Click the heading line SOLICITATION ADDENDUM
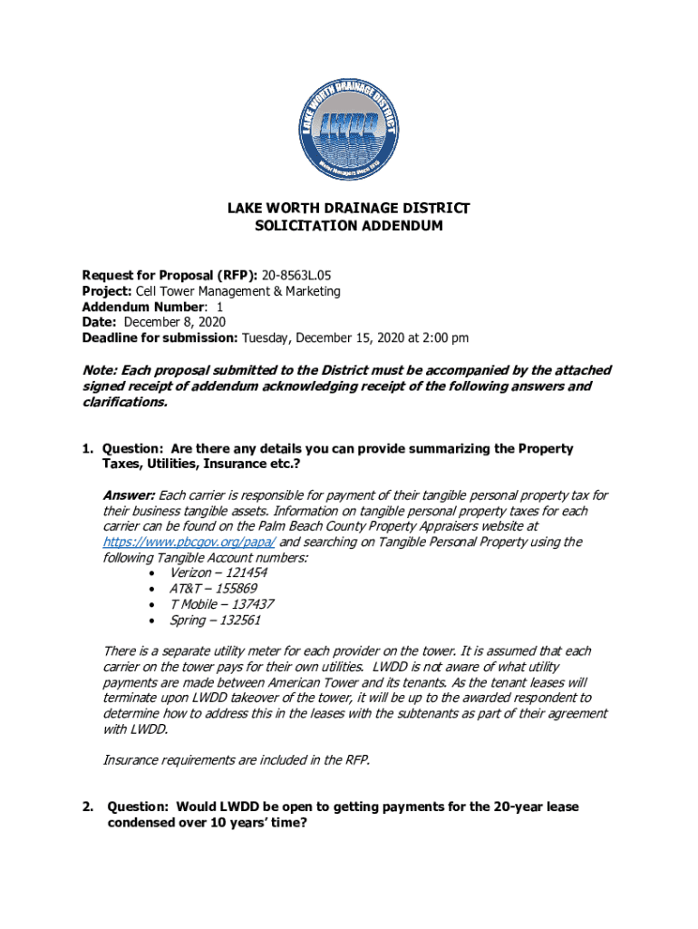[x=348, y=226]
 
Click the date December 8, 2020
[x=175, y=322]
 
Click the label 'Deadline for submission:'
[x=160, y=337]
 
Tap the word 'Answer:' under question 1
[x=129, y=495]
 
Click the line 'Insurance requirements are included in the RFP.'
[x=237, y=760]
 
